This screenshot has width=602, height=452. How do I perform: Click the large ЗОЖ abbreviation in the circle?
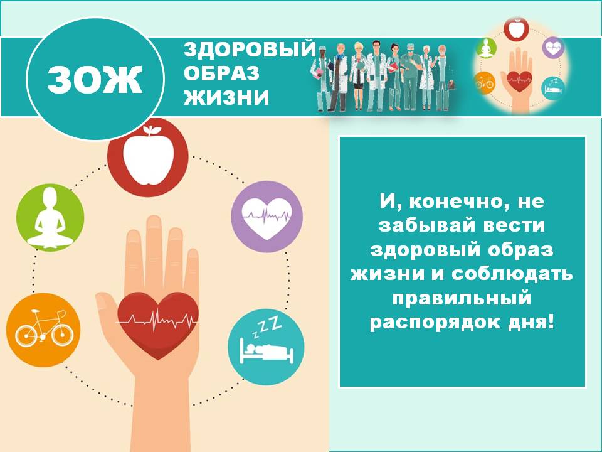pyautogui.click(x=95, y=80)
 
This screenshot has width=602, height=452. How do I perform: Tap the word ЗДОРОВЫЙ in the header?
pyautogui.click(x=250, y=50)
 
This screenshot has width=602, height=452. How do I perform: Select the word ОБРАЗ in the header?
pyautogui.click(x=221, y=74)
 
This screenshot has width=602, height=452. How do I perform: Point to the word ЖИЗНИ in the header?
pyautogui.click(x=226, y=98)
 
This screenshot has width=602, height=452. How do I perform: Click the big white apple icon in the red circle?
pyautogui.click(x=148, y=155)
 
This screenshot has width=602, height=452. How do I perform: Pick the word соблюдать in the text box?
pyautogui.click(x=512, y=274)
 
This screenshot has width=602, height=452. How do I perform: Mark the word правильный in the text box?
pyautogui.click(x=462, y=298)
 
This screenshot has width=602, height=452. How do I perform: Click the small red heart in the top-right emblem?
pyautogui.click(x=519, y=81)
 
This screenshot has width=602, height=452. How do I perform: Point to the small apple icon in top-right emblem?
pyautogui.click(x=516, y=28)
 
